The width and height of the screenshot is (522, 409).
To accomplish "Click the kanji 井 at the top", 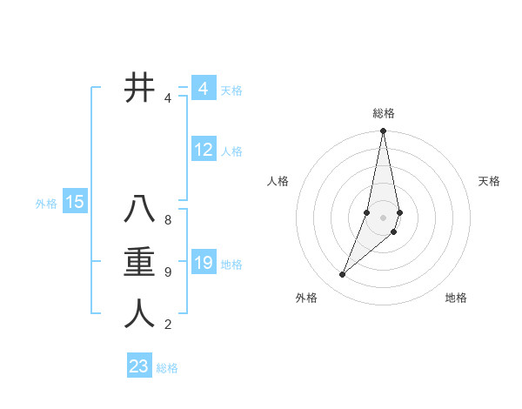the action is [139, 88].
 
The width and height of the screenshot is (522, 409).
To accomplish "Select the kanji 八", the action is [139, 211].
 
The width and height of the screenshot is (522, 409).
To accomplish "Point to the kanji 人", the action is [139, 313].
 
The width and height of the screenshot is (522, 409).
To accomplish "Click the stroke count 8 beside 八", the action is [168, 220].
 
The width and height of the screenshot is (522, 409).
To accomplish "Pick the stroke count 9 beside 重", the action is [168, 272].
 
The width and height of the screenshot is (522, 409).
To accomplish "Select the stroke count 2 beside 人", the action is [168, 325].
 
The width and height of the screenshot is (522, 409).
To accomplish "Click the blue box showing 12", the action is [204, 150].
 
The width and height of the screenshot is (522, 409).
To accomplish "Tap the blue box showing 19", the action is [204, 262].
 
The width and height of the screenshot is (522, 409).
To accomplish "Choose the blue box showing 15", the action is [75, 203].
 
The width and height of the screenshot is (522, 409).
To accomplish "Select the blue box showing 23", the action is [139, 366].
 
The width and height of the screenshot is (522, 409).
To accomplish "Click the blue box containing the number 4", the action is [204, 88].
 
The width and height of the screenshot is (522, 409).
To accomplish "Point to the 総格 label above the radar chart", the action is [384, 113].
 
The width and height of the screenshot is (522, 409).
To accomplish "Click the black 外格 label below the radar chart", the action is [306, 298].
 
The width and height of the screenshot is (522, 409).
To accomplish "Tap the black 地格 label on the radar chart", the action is [456, 298].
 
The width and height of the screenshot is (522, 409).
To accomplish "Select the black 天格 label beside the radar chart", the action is [490, 181].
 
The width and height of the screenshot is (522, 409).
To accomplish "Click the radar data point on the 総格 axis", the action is [383, 131].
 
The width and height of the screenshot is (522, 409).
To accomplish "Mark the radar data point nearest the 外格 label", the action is [343, 275].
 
